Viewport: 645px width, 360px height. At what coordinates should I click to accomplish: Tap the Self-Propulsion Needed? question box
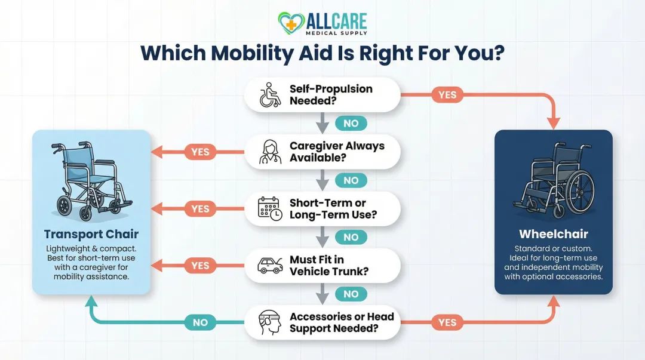pyautogui.click(x=322, y=95)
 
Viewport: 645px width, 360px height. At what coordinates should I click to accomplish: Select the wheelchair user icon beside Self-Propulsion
pyautogui.click(x=270, y=95)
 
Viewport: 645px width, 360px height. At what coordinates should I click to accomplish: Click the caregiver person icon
pyautogui.click(x=270, y=152)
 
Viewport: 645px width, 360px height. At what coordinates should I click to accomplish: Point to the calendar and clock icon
pyautogui.click(x=270, y=209)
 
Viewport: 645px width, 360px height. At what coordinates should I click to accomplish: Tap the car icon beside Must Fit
pyautogui.click(x=270, y=266)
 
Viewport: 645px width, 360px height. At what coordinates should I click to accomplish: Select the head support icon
pyautogui.click(x=270, y=322)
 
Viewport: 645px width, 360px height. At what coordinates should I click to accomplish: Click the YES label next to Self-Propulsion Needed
pyautogui.click(x=447, y=95)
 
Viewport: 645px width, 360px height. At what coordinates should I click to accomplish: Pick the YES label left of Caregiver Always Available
pyautogui.click(x=200, y=152)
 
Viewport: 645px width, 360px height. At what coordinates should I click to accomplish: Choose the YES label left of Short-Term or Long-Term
pyautogui.click(x=200, y=209)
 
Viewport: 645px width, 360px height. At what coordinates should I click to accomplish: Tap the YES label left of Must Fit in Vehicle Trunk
pyautogui.click(x=200, y=266)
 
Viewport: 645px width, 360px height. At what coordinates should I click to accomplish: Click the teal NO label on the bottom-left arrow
pyautogui.click(x=200, y=322)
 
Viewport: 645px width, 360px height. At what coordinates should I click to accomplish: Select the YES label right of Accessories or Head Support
pyautogui.click(x=447, y=322)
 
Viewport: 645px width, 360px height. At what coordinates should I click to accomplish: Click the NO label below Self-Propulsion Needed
pyautogui.click(x=351, y=124)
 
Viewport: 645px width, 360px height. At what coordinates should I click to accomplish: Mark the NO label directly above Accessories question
pyautogui.click(x=351, y=294)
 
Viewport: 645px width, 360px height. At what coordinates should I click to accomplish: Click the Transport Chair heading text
pyautogui.click(x=91, y=233)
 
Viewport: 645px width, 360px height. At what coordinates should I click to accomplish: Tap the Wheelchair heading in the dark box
pyautogui.click(x=553, y=234)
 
